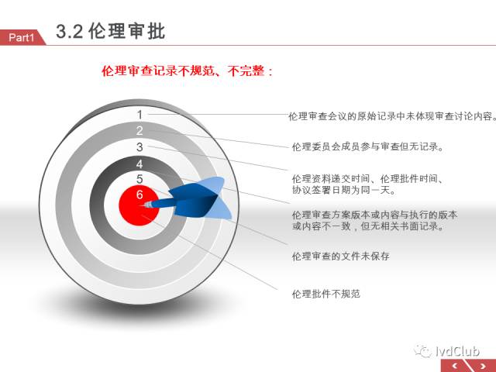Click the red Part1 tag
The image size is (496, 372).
click(22, 37)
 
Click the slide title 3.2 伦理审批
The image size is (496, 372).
click(111, 31)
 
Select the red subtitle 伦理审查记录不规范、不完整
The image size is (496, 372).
click(183, 71)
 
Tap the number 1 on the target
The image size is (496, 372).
click(139, 115)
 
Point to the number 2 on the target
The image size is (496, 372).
click(139, 131)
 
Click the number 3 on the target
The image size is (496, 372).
click(139, 147)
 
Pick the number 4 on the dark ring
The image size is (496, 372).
click(139, 164)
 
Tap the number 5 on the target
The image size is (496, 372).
click(139, 179)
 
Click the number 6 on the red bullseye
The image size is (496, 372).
click(139, 195)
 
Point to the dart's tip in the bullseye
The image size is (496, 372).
click(141, 205)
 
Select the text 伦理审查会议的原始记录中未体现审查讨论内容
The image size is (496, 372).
click(390, 116)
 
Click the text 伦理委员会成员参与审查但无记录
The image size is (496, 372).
click(366, 146)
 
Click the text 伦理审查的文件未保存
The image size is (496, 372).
click(341, 256)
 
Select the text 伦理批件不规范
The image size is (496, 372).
click(326, 294)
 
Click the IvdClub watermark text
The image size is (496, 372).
click(457, 351)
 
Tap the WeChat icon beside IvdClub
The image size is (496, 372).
click(423, 351)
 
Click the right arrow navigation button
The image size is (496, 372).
click(483, 367)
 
